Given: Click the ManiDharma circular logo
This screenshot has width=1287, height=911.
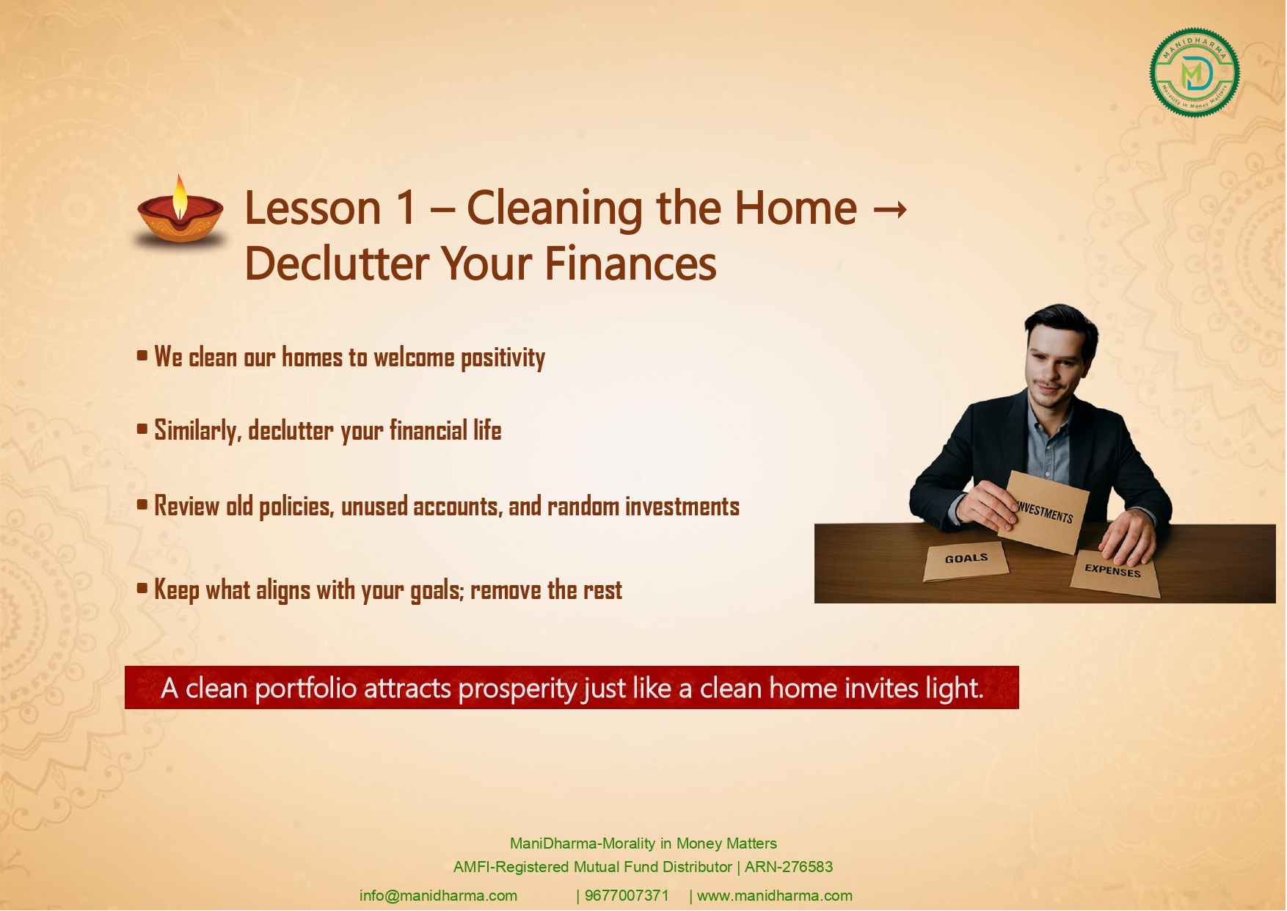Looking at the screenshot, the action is pos(1195,73).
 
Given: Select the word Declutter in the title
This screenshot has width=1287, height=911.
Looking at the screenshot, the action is pos(336,264).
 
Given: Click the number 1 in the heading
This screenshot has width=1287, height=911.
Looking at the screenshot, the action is pos(406,208).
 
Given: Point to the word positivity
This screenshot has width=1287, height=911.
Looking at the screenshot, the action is pos(503,358).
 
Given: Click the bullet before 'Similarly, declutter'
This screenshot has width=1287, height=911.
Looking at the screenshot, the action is pos(142,429).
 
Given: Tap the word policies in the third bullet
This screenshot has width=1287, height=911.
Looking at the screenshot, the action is pos(296,507).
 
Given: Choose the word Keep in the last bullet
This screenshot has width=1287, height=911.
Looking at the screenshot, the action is pos(176,590).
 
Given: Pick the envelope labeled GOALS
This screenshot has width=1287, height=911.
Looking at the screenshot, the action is pos(966,561).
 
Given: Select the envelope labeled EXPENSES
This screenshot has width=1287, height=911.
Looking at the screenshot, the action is pos(1114,571).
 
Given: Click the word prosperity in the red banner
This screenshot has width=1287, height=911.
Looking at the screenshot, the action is pos(518,689).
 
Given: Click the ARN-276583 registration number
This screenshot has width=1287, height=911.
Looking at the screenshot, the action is pos(789,867).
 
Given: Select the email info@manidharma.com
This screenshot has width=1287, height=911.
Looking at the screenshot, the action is pos(438,896).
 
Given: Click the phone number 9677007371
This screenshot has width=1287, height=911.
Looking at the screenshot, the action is pos(627,896).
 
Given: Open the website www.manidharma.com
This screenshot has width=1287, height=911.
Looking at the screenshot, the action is pos(775,896).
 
